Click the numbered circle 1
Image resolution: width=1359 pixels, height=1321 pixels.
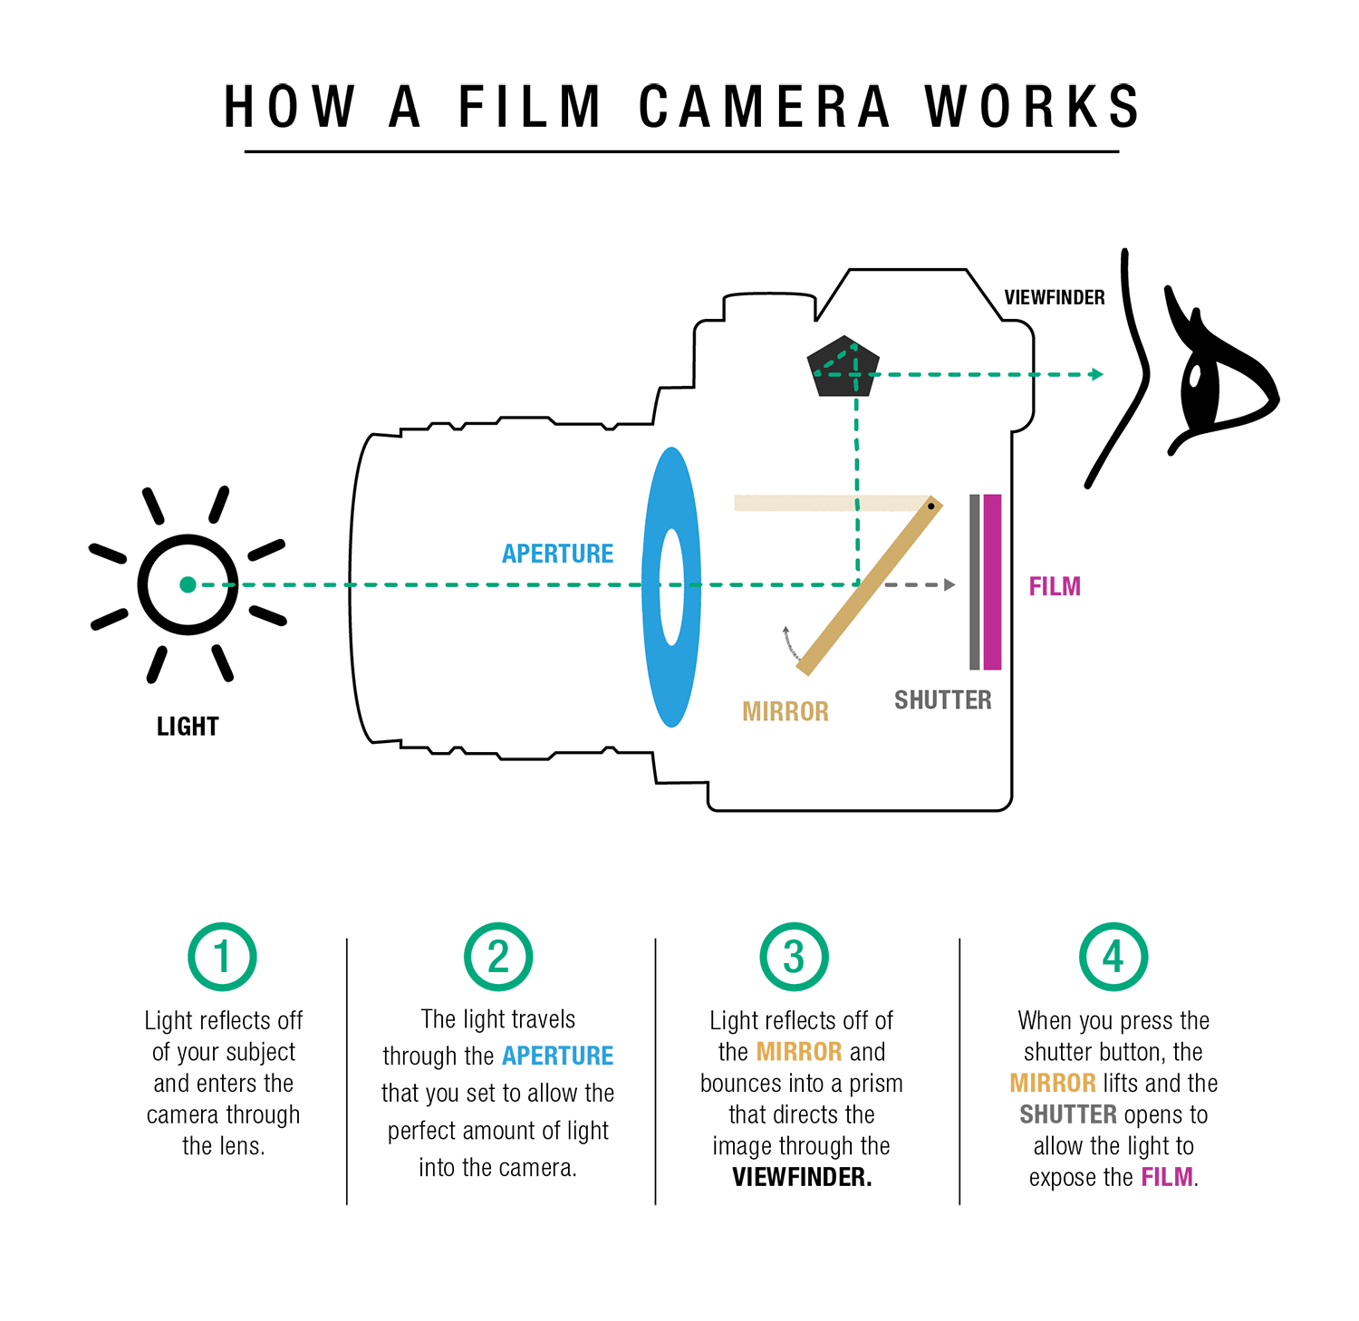(x=222, y=957)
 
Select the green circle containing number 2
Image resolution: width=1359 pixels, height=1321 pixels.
(x=498, y=957)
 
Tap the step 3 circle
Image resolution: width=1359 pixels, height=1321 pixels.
(x=794, y=957)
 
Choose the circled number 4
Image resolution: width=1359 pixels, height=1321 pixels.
(x=1113, y=957)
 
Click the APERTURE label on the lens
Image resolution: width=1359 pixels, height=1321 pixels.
(x=557, y=554)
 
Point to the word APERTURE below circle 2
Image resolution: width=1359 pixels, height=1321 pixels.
(x=557, y=1056)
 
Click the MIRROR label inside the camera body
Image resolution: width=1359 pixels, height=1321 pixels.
(x=786, y=712)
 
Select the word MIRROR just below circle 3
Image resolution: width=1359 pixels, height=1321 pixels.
(x=799, y=1052)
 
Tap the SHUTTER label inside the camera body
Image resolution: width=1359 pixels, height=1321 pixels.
(x=942, y=700)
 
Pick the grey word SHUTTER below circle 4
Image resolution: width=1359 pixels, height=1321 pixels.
(x=1068, y=1114)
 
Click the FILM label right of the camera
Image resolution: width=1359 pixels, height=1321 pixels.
(x=1055, y=587)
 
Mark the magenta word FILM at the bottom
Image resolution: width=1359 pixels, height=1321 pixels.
(x=1166, y=1177)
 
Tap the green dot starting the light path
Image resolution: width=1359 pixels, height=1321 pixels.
(x=188, y=585)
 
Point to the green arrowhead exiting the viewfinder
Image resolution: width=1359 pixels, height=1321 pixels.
(x=1097, y=374)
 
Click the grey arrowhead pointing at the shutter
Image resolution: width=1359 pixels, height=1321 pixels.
(x=949, y=585)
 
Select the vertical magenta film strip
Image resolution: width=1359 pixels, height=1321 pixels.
(x=992, y=582)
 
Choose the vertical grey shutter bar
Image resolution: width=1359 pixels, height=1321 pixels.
(x=975, y=582)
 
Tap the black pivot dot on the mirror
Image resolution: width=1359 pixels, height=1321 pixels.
(x=930, y=506)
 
